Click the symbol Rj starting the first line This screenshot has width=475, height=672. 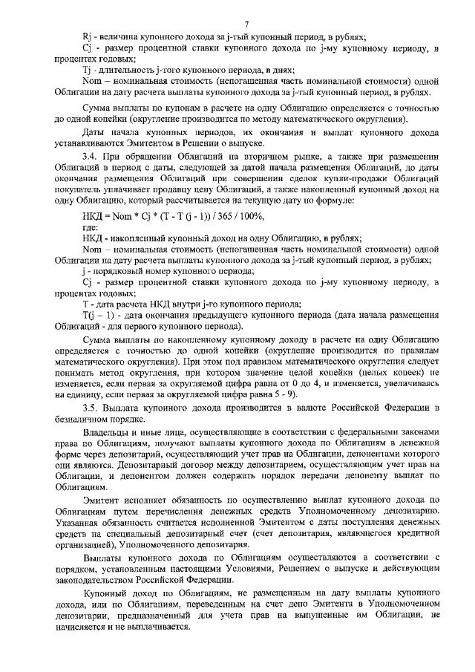pyautogui.click(x=87, y=37)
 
